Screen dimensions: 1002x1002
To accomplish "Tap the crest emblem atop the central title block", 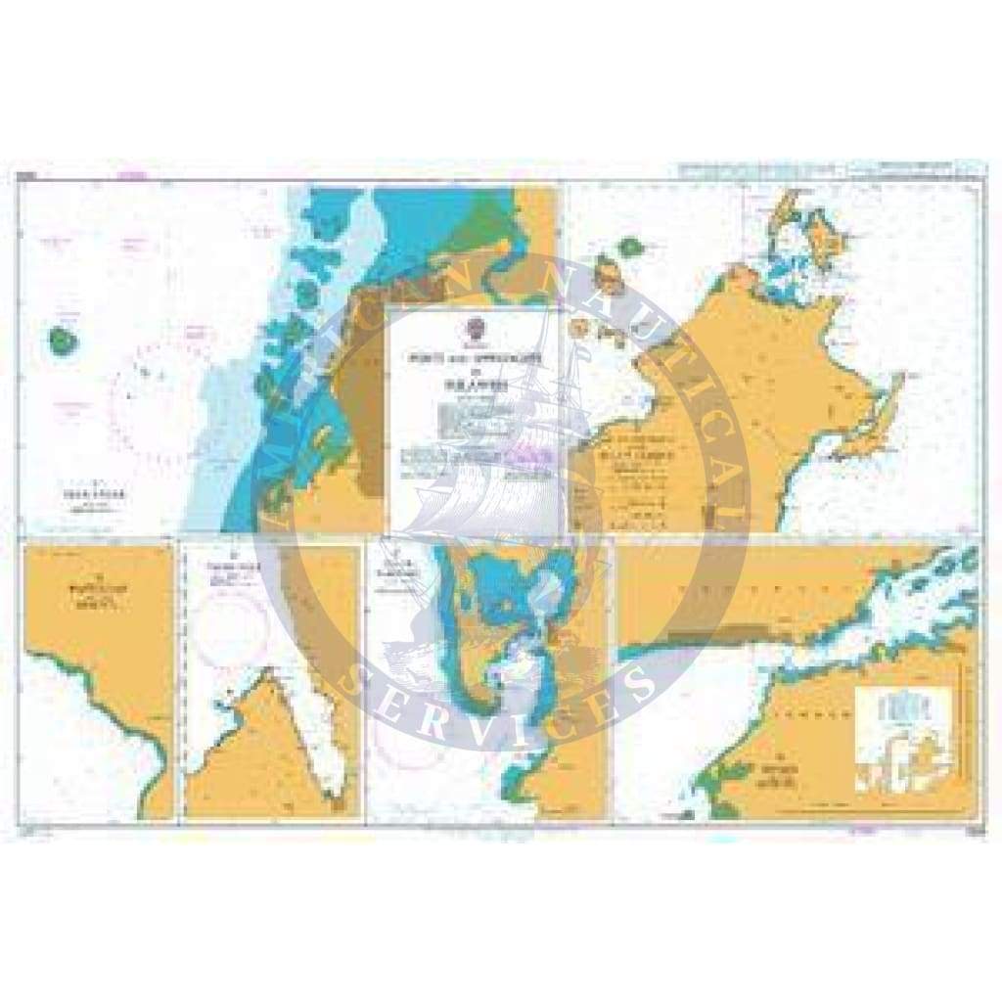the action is click(474, 326).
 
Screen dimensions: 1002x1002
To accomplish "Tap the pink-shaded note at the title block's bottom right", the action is click(530, 452).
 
